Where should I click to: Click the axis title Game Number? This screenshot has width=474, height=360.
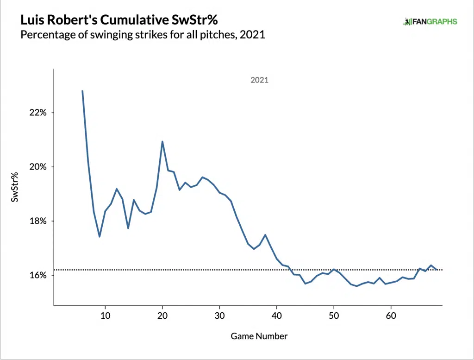click(259, 336)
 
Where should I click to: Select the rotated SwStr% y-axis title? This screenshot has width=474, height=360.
click(15, 187)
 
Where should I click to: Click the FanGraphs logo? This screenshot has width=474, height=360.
click(430, 21)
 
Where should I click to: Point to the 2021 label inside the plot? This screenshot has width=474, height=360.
click(259, 80)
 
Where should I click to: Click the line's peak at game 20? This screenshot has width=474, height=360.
click(162, 141)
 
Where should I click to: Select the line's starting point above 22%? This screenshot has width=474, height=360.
click(82, 91)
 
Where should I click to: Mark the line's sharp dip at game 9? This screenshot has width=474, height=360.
click(100, 237)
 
